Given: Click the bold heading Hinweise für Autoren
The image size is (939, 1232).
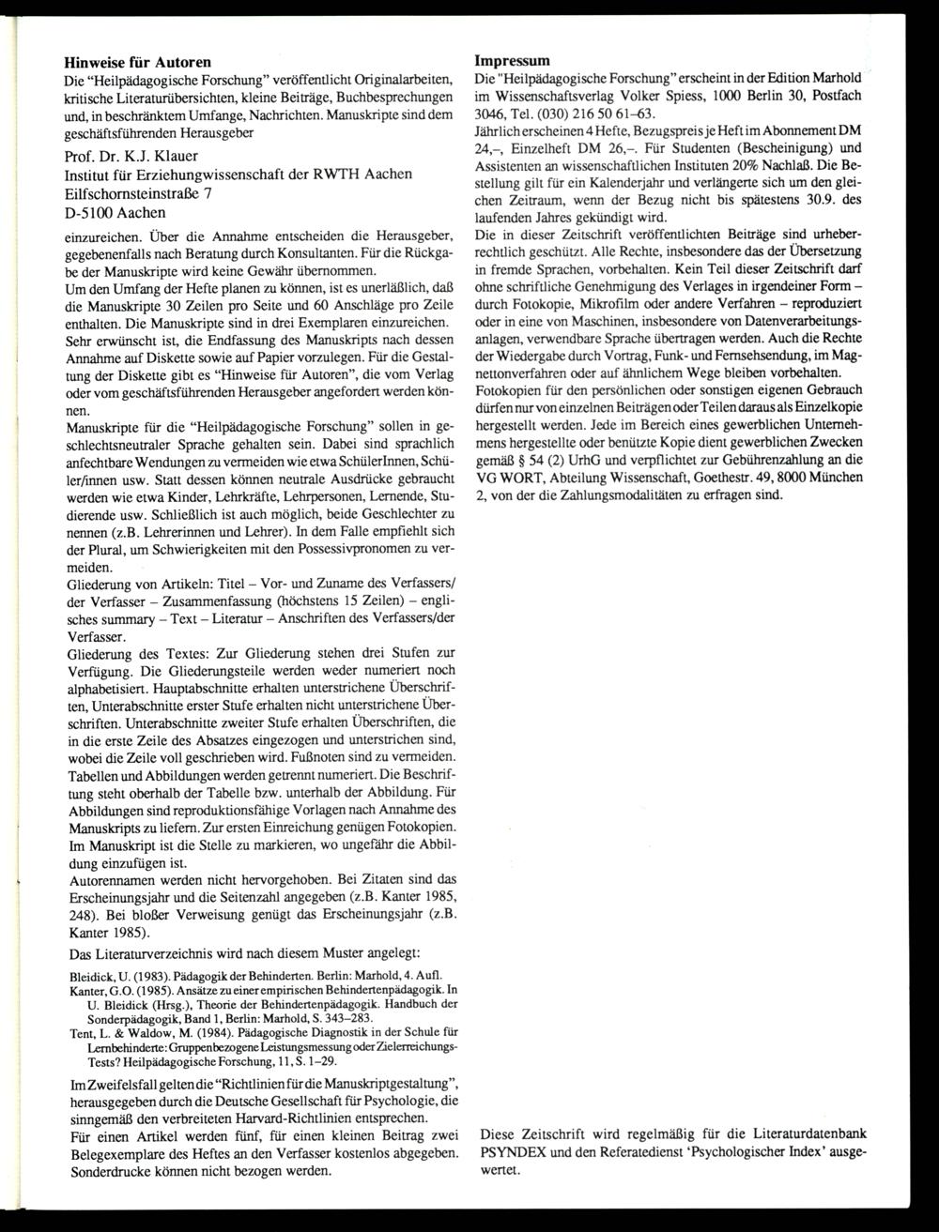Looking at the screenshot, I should pyautogui.click(x=137, y=62).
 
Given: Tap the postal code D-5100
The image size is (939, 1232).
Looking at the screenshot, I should pyautogui.click(x=96, y=213).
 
